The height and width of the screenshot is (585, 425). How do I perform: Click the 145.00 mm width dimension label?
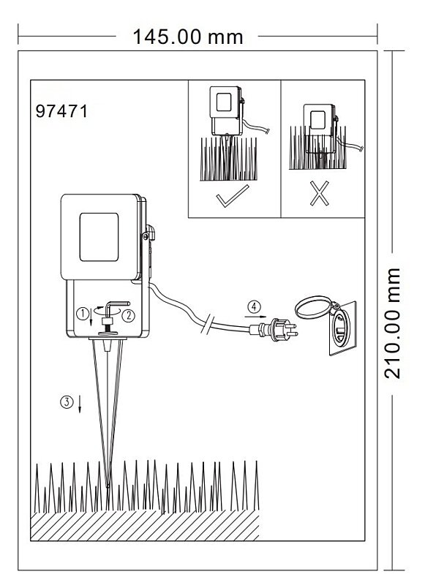[x=188, y=37]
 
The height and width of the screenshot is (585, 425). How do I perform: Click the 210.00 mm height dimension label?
[x=392, y=323]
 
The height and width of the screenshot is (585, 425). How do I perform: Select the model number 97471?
[x=61, y=111]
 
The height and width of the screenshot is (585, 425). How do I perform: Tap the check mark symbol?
[x=233, y=195]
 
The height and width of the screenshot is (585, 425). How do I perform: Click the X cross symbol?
[x=320, y=193]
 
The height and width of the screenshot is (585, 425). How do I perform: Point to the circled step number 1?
[x=83, y=314]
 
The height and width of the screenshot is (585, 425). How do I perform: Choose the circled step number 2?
[x=128, y=316]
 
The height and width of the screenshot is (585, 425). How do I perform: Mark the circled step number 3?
[x=67, y=401]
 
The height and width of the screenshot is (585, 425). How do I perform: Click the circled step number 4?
[x=254, y=307]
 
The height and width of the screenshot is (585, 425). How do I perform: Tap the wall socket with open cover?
[x=342, y=328]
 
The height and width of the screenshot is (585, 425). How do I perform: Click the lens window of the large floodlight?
[x=99, y=237]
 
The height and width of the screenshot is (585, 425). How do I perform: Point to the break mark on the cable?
[x=207, y=323]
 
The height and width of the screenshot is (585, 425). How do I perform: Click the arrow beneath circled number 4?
[x=255, y=317]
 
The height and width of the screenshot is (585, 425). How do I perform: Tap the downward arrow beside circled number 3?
[x=80, y=404]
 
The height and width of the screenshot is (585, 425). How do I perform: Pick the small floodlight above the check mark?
[x=227, y=111]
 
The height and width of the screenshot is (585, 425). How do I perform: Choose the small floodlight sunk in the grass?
[x=320, y=129]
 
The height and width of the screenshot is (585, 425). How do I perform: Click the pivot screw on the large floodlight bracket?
[x=145, y=236]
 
